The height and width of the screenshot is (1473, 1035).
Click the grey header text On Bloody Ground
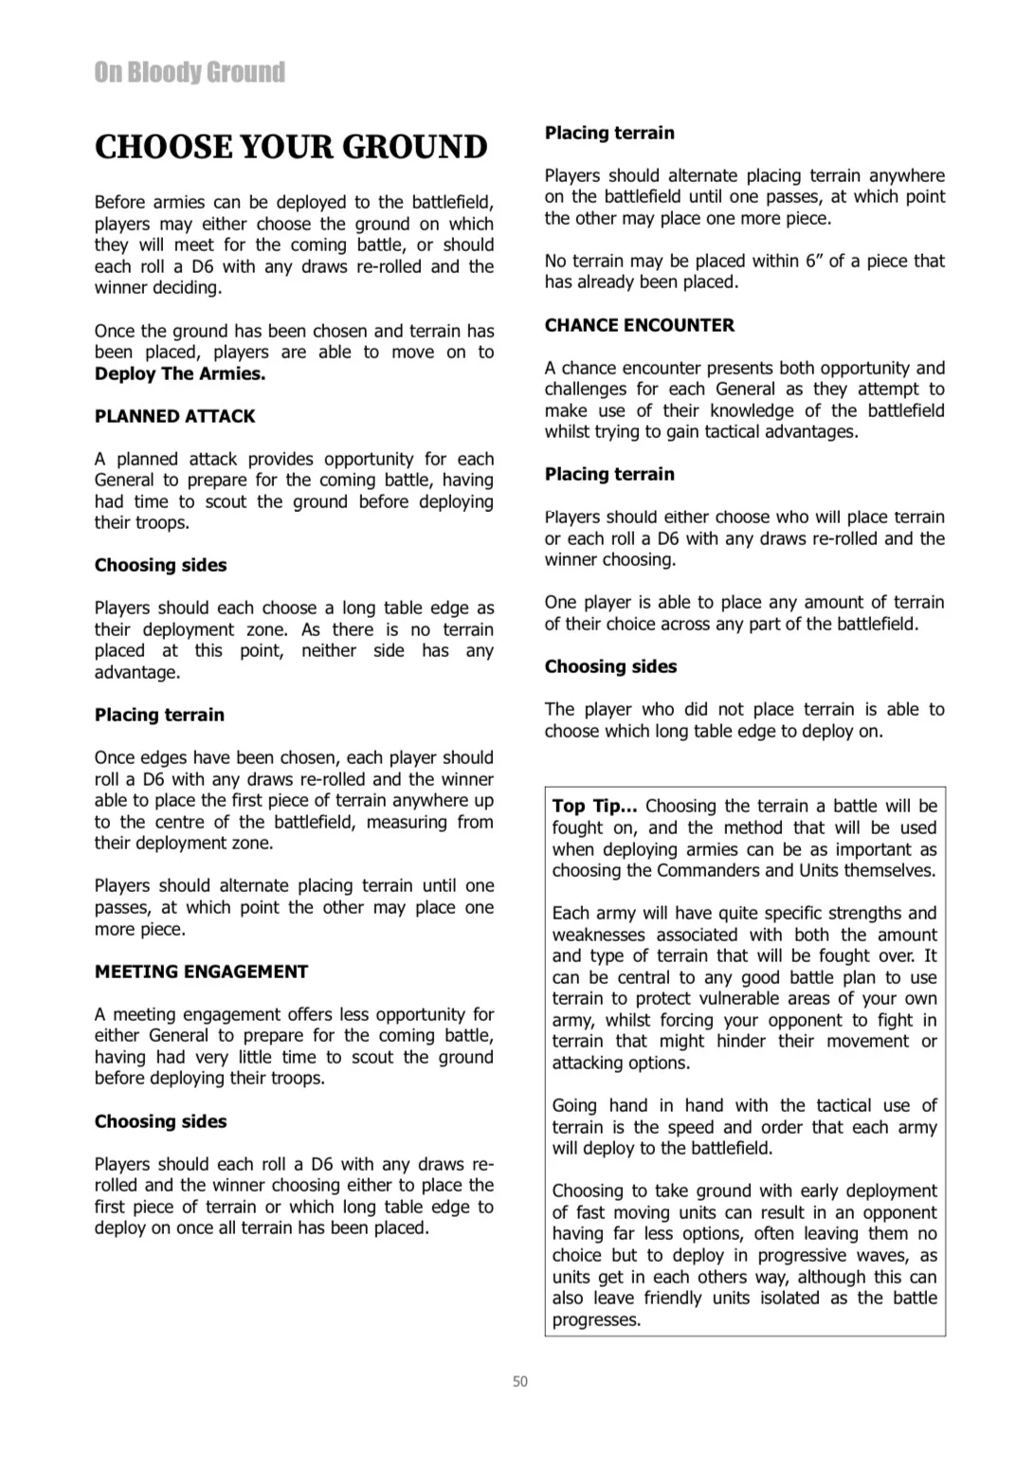(x=190, y=73)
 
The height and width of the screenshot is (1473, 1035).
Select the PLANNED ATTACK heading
(x=174, y=416)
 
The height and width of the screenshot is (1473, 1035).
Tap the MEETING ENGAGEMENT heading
(x=201, y=972)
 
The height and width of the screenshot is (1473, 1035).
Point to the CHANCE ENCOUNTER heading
(x=639, y=325)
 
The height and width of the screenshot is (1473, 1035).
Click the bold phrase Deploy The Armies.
(x=180, y=373)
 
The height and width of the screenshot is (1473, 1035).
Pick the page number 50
(x=519, y=1381)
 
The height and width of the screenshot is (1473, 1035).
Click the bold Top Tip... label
(x=594, y=807)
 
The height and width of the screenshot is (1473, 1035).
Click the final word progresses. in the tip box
(x=596, y=1319)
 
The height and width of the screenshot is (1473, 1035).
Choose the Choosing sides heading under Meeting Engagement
(x=160, y=1121)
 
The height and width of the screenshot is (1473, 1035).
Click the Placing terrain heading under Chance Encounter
(x=609, y=474)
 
